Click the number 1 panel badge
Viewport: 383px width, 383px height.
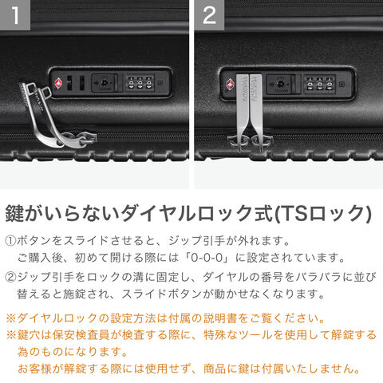click(15, 15)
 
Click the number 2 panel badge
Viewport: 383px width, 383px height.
click(209, 15)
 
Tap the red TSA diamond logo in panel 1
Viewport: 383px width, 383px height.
click(58, 83)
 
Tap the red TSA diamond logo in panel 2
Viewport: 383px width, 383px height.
click(231, 85)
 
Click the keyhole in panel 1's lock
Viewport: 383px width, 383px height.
click(105, 83)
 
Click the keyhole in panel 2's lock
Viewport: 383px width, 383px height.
click(280, 84)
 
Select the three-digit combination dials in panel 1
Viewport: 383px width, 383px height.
click(140, 83)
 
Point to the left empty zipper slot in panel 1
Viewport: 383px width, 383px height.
click(69, 83)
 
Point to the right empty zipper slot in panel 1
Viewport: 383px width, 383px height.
click(82, 83)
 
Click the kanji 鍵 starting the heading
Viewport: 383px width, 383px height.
click(15, 213)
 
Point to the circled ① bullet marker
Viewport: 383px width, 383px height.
click(10, 241)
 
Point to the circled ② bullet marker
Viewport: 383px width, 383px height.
click(10, 277)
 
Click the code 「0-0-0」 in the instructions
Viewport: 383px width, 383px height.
click(207, 258)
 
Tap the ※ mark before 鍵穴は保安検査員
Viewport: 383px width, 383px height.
click(11, 335)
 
